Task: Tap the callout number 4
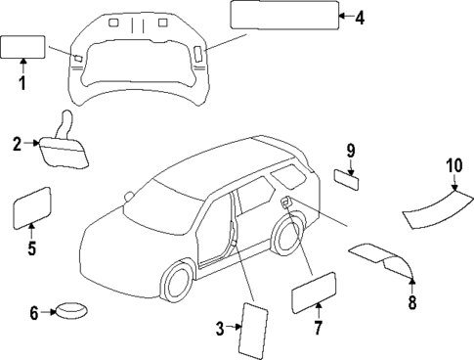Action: (x=360, y=17)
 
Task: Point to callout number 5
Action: (x=31, y=247)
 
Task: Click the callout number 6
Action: (x=34, y=313)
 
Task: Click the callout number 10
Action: (x=452, y=165)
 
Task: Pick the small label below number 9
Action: (x=347, y=178)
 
